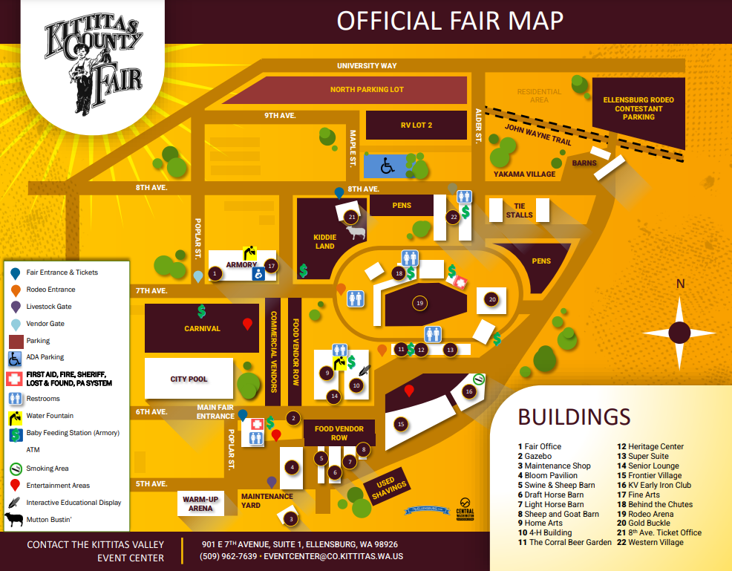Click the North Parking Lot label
pyautogui.click(x=367, y=90)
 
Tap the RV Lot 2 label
pyautogui.click(x=416, y=125)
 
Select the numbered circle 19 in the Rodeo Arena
pyautogui.click(x=420, y=303)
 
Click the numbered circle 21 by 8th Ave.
pyautogui.click(x=352, y=217)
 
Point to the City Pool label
pyautogui.click(x=189, y=379)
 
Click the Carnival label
pyautogui.click(x=202, y=328)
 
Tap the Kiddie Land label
pyautogui.click(x=325, y=242)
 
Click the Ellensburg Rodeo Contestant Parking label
pyautogui.click(x=638, y=108)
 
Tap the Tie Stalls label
pyautogui.click(x=519, y=210)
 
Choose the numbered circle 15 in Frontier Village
pyautogui.click(x=401, y=424)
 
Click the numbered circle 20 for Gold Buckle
pyautogui.click(x=491, y=299)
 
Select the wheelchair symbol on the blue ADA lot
pyautogui.click(x=387, y=167)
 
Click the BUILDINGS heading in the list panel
pyautogui.click(x=574, y=417)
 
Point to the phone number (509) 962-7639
pyautogui.click(x=229, y=556)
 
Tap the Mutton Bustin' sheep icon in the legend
pyautogui.click(x=15, y=520)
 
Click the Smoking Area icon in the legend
pyautogui.click(x=15, y=469)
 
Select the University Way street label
pyautogui.click(x=367, y=66)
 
